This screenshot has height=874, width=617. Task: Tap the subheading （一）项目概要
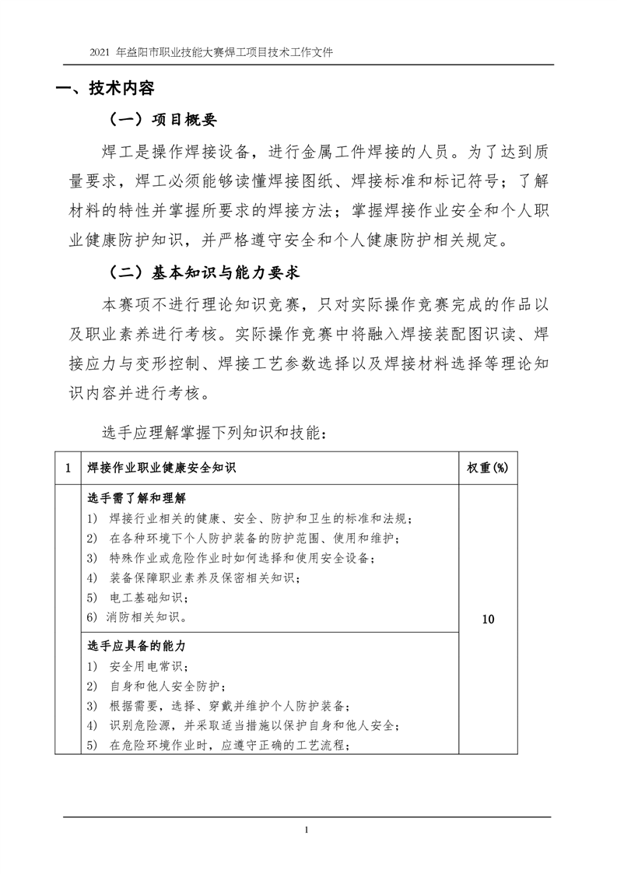click(162, 120)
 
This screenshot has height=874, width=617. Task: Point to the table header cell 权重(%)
click(487, 468)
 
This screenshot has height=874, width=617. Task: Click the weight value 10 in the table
click(489, 620)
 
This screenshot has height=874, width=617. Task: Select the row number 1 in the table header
click(68, 468)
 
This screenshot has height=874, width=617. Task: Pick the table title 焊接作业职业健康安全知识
click(162, 468)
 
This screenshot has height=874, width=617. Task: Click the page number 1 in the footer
click(308, 830)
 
